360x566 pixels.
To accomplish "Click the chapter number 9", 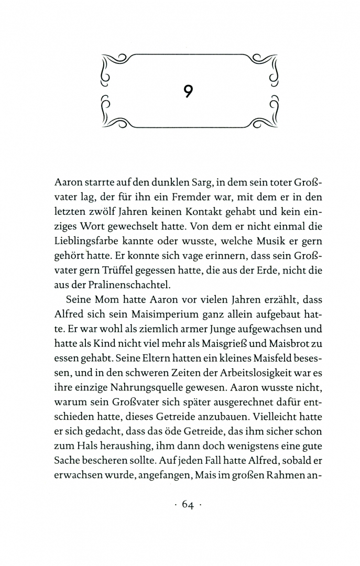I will (x=189, y=91).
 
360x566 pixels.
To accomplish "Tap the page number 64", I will (x=188, y=505).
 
